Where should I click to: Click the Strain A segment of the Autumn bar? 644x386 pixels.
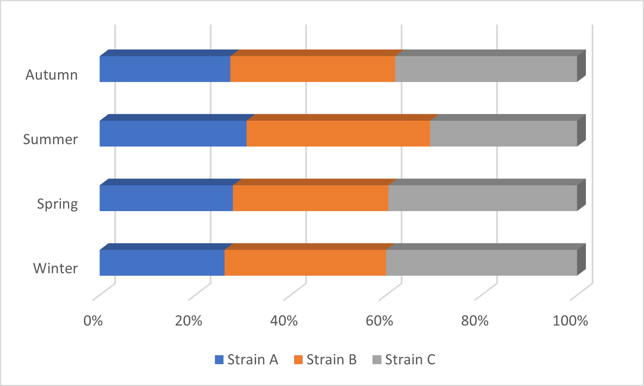(x=165, y=69)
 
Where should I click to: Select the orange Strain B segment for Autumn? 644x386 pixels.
(x=313, y=69)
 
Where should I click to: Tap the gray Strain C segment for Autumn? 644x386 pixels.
(x=486, y=69)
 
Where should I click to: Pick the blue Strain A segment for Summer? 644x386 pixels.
(x=173, y=134)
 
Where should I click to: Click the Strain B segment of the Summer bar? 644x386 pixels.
(x=338, y=134)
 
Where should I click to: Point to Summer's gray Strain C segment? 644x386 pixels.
(x=504, y=134)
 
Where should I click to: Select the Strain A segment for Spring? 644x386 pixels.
(x=166, y=198)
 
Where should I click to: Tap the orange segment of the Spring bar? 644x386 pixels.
(x=310, y=198)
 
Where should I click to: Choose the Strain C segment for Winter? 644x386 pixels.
(x=481, y=263)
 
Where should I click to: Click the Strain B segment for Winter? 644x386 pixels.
(x=305, y=263)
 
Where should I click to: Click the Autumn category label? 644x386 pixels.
(x=51, y=74)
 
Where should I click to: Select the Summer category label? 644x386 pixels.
(x=50, y=139)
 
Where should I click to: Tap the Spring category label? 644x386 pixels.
(x=57, y=204)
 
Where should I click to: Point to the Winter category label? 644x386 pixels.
(x=55, y=268)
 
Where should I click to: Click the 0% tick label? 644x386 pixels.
(x=93, y=321)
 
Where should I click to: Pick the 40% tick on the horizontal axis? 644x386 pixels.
(x=284, y=321)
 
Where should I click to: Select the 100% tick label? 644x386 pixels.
(x=570, y=321)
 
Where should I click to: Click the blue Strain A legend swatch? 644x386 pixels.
(x=219, y=360)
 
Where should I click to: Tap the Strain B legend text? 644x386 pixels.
(x=331, y=360)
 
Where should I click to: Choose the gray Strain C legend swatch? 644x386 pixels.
(x=377, y=360)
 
